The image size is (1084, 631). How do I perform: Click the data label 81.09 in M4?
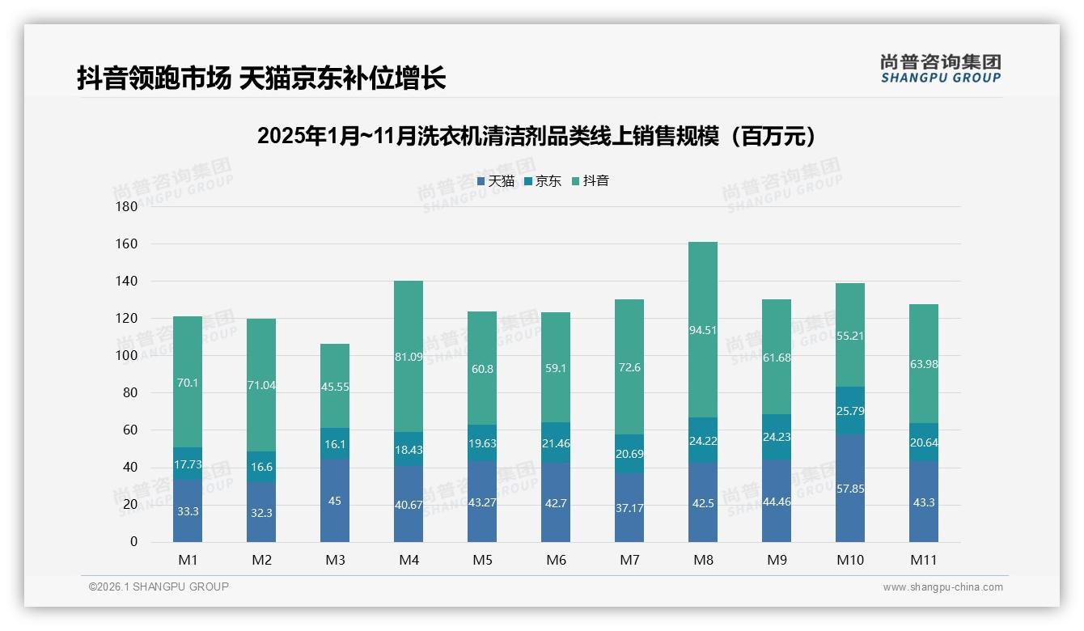coord(409,355)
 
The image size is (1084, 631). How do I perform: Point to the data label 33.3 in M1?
coord(188,511)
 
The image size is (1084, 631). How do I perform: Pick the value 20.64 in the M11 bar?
coord(924,443)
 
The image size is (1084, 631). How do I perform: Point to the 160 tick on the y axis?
coord(127,244)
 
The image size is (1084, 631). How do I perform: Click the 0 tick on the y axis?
coord(133,542)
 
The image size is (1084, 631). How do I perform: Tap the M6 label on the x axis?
coord(556,560)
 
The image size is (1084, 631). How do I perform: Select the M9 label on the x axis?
coord(777,560)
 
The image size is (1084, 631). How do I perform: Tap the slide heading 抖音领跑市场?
coord(260,78)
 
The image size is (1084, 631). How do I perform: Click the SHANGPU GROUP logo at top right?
coord(940,69)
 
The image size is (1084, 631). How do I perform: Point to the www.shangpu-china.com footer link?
coord(942,587)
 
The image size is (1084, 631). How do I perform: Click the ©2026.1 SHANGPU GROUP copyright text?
coord(159,587)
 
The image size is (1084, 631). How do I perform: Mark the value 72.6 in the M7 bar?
coord(629,367)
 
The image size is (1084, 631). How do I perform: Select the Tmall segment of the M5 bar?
coord(482,498)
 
